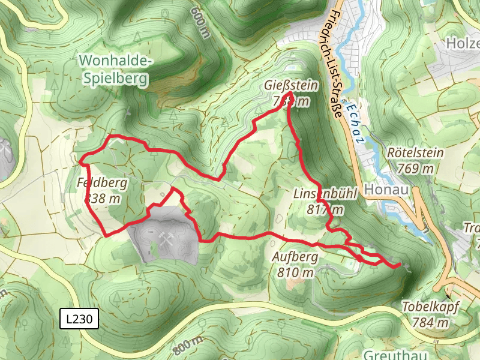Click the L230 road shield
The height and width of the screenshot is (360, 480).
tap(79, 319)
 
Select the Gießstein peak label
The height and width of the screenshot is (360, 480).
tap(290, 94)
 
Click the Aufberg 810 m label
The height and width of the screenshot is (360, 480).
tap(296, 265)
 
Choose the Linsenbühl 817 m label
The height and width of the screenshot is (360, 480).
tap(325, 202)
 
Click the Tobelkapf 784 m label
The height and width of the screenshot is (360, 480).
tap(430, 314)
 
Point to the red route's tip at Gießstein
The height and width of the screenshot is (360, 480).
tap(290, 94)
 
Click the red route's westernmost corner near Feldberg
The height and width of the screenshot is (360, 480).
tap(80, 161)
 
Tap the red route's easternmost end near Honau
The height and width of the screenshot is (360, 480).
tap(399, 265)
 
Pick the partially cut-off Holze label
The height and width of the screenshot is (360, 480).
tap(463, 43)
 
